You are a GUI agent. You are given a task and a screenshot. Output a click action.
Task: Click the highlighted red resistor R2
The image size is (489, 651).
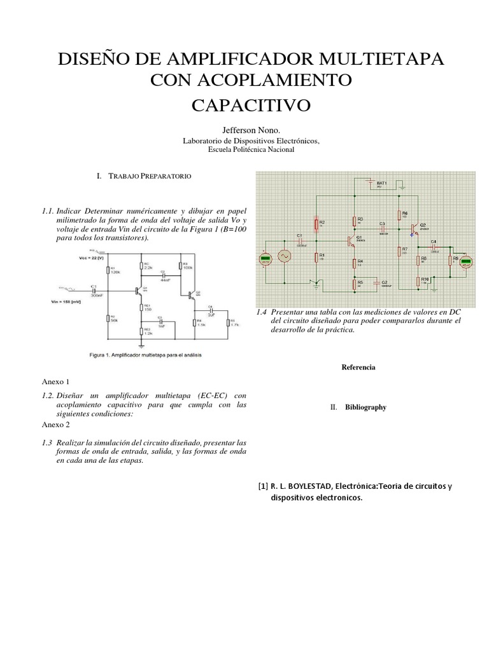pyautogui.click(x=316, y=223)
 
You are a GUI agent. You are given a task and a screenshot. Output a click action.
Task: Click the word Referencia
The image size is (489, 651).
pyautogui.click(x=358, y=367)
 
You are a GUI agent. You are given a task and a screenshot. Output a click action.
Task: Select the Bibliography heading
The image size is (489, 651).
pyautogui.click(x=365, y=408)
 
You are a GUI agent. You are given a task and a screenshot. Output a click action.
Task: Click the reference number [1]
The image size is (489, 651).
pyautogui.click(x=262, y=487)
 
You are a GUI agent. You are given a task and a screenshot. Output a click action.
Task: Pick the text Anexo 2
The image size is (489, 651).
pyautogui.click(x=56, y=425)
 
